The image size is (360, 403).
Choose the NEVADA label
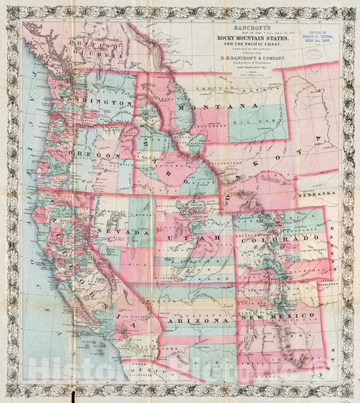point(126,232)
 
